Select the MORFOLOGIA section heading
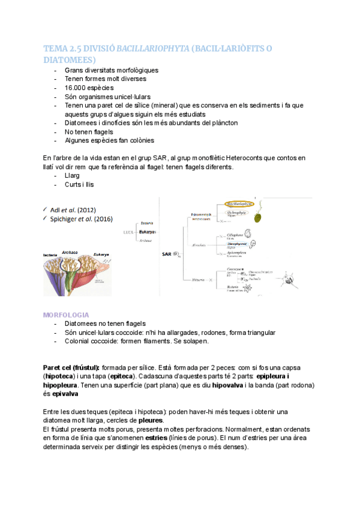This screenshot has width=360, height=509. point(67,315)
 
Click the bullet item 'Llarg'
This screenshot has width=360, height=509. point(73,176)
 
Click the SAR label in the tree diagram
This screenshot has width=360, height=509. point(166,254)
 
